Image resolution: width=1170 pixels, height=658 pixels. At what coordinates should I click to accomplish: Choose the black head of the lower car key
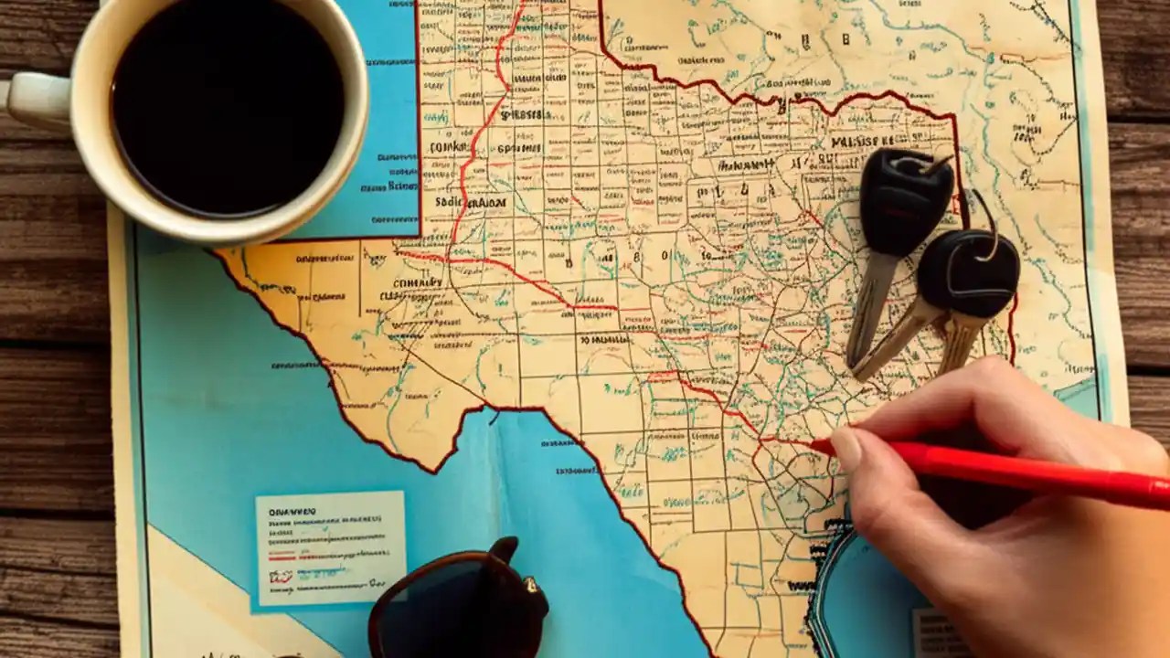968,273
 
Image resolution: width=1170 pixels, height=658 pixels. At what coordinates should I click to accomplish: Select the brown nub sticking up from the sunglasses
504,549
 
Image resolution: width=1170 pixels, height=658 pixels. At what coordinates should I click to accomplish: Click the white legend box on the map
330,547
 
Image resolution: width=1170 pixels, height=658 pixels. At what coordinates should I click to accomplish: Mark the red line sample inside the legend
302,553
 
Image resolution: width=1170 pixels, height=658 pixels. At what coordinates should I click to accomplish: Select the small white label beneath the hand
938,631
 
